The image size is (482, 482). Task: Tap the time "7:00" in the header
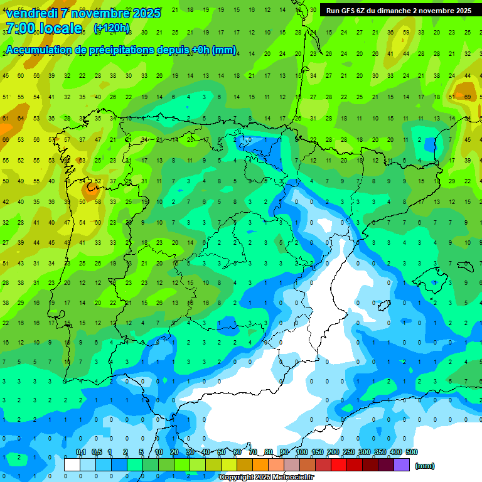[21, 28]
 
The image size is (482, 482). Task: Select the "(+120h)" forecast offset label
[112, 28]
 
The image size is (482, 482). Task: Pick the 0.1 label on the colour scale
[80, 453]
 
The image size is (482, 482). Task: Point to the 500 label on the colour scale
[411, 453]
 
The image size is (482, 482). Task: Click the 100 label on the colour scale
[301, 453]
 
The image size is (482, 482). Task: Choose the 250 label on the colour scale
[348, 453]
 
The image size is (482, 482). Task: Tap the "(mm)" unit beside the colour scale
[425, 466]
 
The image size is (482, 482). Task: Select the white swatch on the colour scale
[72, 464]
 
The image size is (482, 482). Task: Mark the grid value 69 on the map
[468, 97]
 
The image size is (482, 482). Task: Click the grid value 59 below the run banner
[406, 33]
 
